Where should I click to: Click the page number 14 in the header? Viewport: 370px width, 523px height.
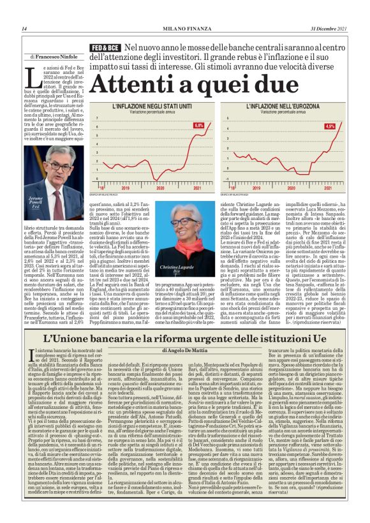(x=24, y=29)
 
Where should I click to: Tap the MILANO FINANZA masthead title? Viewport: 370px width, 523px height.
(x=185, y=29)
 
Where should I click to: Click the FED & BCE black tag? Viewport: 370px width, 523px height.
(x=105, y=48)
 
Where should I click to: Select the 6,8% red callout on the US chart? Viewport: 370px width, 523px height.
(x=198, y=126)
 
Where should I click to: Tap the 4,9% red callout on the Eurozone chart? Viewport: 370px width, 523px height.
(x=330, y=126)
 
